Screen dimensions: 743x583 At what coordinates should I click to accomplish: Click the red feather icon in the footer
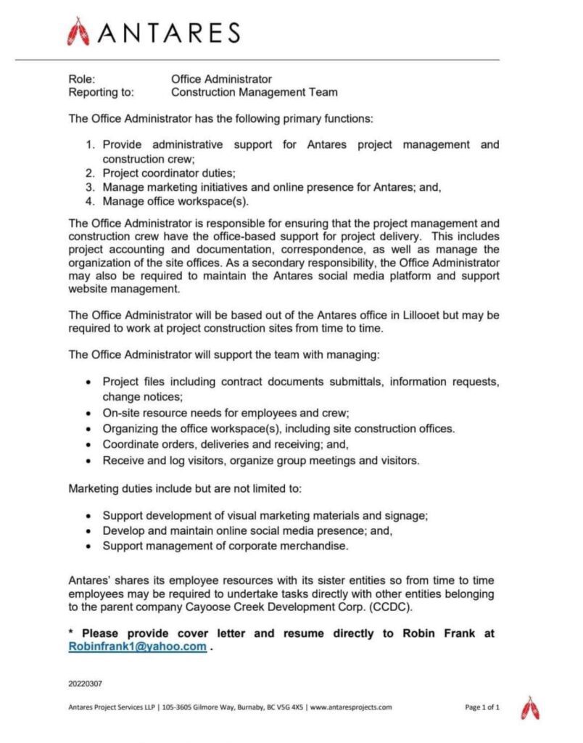click(x=532, y=707)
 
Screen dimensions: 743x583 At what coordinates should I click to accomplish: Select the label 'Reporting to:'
click(x=102, y=92)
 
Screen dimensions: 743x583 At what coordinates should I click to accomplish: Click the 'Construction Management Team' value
click(x=254, y=92)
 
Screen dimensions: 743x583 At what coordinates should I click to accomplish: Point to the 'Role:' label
click(x=82, y=78)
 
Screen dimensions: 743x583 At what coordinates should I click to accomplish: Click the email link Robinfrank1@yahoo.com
click(x=138, y=647)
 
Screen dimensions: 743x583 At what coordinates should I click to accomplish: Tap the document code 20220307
click(x=86, y=683)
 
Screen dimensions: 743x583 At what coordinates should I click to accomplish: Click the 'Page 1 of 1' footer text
click(x=481, y=707)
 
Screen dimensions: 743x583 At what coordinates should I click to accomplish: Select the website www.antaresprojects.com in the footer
click(x=351, y=707)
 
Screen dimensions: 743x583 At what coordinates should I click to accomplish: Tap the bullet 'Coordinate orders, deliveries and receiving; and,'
click(x=225, y=444)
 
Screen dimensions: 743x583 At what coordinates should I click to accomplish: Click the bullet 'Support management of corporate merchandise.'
click(x=226, y=546)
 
